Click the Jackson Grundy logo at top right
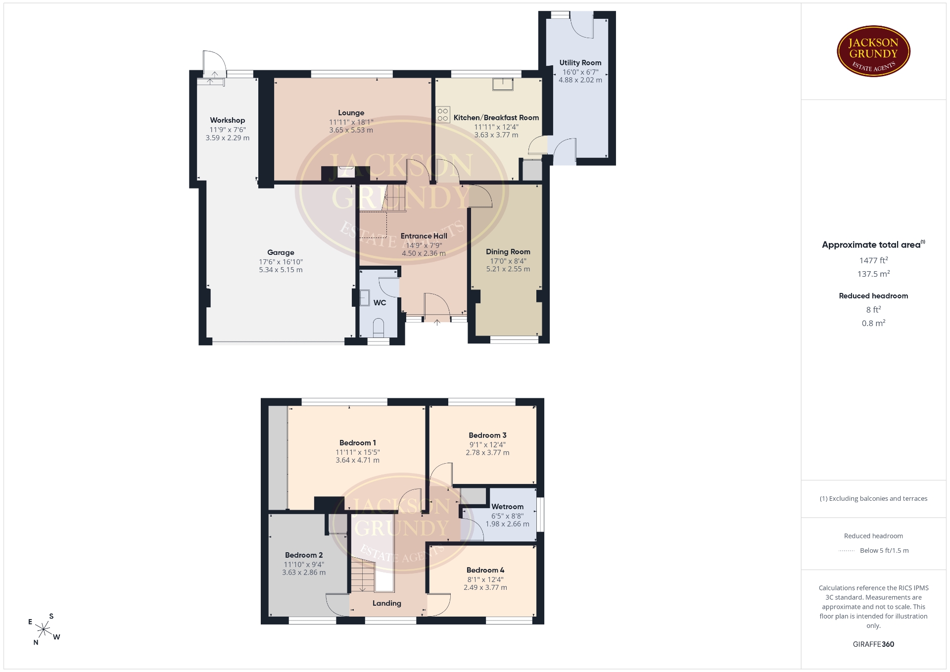pos(873,51)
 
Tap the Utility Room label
pos(580,63)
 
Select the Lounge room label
pos(351,113)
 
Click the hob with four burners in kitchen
pos(443,115)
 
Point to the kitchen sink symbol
pos(503,84)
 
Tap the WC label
pos(380,303)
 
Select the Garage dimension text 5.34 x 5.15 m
pos(281,270)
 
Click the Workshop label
pos(228,120)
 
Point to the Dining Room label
pos(508,252)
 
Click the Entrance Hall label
pos(424,236)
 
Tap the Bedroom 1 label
pos(358,443)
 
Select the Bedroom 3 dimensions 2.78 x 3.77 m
pos(487,452)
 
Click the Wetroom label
pos(508,507)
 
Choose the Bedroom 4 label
pos(485,570)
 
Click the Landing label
pos(387,603)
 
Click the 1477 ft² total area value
pos(873,260)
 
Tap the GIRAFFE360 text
pos(873,644)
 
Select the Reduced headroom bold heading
pos(873,296)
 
